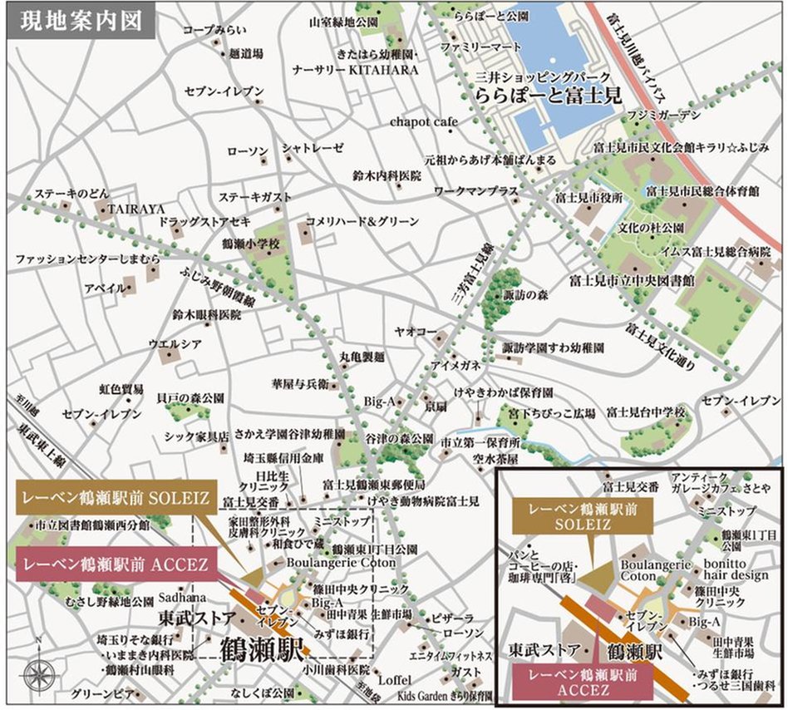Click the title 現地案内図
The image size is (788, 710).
pyautogui.click(x=80, y=19)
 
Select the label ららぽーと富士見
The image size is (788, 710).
pyautogui.click(x=549, y=97)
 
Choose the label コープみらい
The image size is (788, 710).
pyautogui.click(x=209, y=30)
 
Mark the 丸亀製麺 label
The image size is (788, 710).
pyautogui.click(x=362, y=357)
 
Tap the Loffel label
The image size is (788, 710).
pyautogui.click(x=394, y=679)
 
